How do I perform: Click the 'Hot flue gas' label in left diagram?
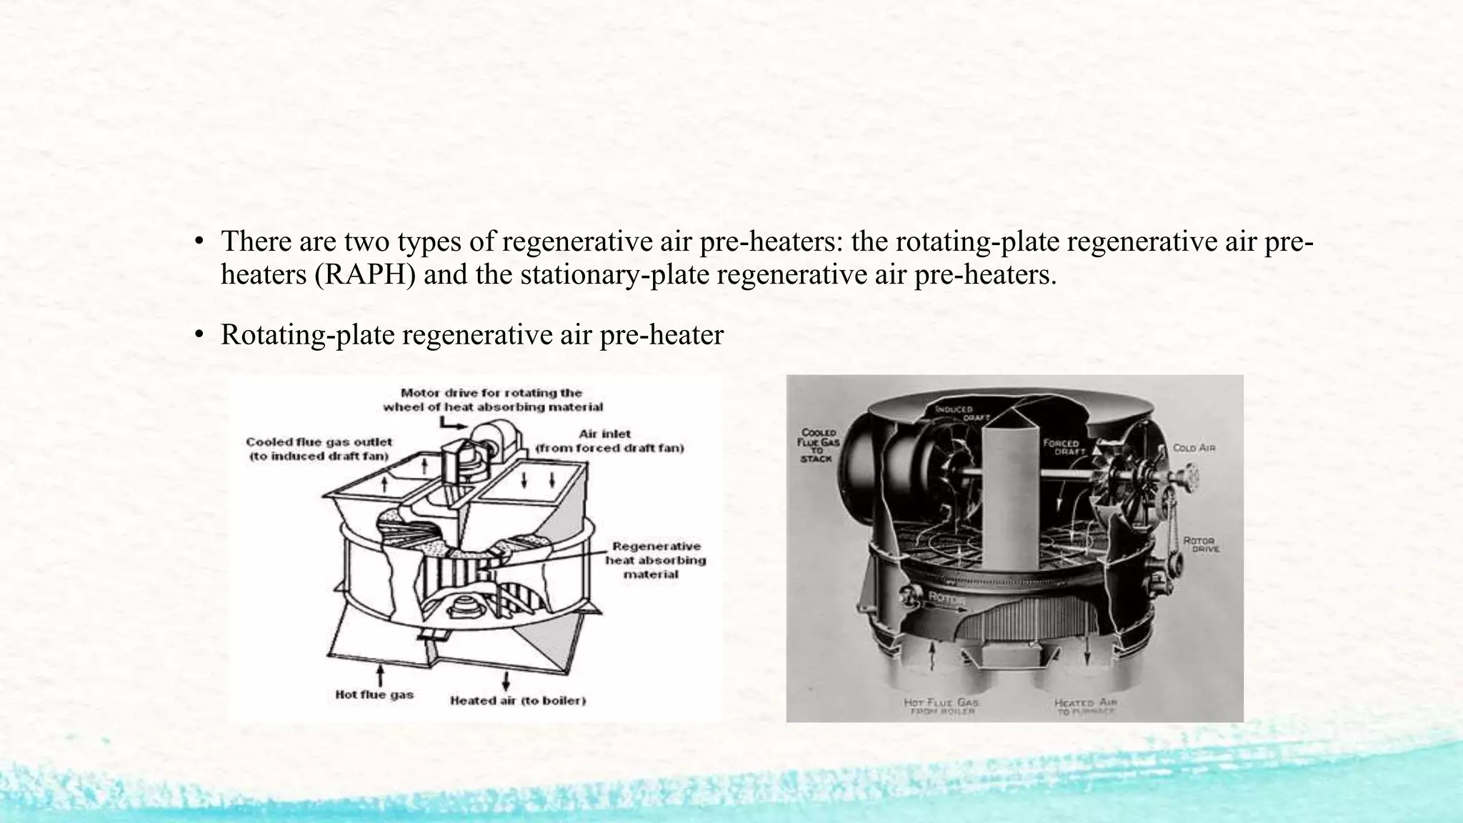coord(374,694)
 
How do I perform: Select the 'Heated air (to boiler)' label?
coord(518,701)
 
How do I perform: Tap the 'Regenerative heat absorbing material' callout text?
coord(656,560)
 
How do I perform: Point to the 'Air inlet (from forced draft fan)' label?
coord(609,441)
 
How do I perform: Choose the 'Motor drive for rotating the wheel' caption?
coord(493,399)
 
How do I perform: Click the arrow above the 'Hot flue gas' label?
coord(381,674)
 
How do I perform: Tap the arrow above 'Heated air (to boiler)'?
coord(506,679)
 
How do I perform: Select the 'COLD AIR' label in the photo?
coord(1194,448)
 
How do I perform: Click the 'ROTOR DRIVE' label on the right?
coord(1201,544)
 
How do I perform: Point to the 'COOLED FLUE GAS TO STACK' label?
coord(819,445)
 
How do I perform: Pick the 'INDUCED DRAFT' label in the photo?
coord(954,413)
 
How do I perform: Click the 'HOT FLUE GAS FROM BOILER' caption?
coord(941,707)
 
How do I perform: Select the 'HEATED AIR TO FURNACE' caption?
coord(1085,707)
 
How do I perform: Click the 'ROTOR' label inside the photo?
coord(947,597)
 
